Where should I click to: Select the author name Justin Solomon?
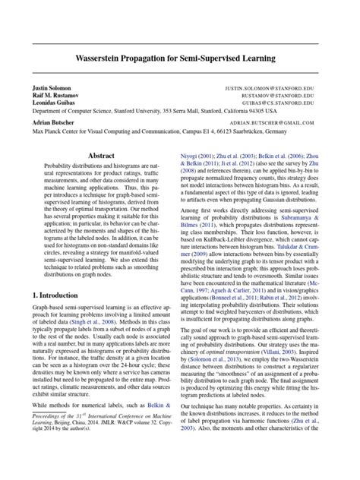[x=51, y=89]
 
